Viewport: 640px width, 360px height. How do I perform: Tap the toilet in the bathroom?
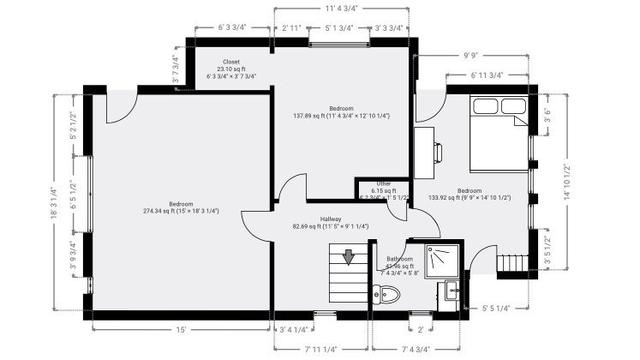[x=387, y=296]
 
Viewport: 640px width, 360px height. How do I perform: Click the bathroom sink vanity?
[x=447, y=295]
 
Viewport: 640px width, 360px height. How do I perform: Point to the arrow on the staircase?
[x=349, y=256]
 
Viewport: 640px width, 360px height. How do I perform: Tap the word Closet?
[x=231, y=62]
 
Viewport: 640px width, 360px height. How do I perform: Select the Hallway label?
[x=331, y=219]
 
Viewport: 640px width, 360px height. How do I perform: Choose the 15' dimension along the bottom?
[x=182, y=328]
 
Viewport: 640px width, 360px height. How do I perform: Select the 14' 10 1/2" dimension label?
[x=566, y=181]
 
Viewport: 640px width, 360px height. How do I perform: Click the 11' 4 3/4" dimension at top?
[x=341, y=8]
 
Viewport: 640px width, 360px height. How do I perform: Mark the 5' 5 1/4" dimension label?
[x=496, y=308]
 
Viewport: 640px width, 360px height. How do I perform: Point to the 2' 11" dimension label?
[x=291, y=28]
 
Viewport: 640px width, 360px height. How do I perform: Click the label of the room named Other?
[x=384, y=183]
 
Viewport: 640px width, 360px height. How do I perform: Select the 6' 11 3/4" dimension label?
[x=487, y=75]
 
